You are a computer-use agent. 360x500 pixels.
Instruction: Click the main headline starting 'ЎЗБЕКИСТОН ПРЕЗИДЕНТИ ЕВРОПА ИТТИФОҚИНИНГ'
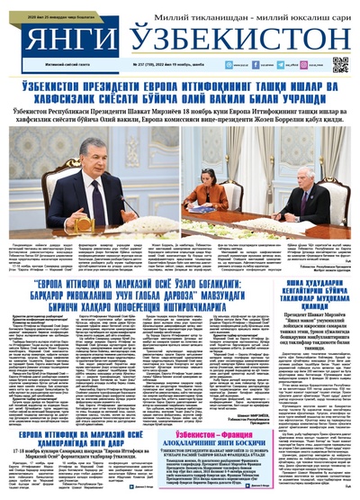pos(180,89)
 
